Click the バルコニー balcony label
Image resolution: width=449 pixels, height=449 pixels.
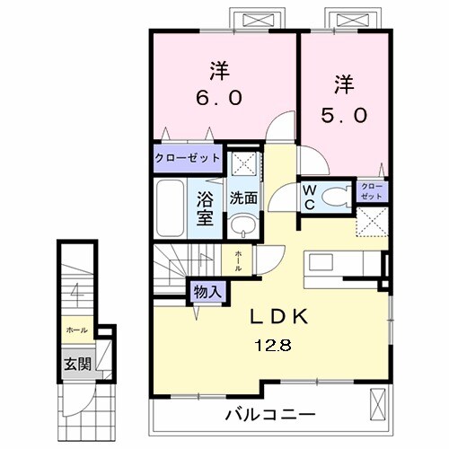(x=269, y=416)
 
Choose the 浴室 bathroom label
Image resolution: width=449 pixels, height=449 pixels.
(x=204, y=207)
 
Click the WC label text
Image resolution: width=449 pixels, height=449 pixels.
(x=308, y=197)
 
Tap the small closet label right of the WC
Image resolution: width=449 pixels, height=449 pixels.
(x=371, y=190)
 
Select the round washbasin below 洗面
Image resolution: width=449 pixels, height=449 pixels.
(x=240, y=224)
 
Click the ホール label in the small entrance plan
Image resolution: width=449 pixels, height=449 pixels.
(x=75, y=330)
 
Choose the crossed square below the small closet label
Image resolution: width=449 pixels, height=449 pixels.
(x=372, y=221)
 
